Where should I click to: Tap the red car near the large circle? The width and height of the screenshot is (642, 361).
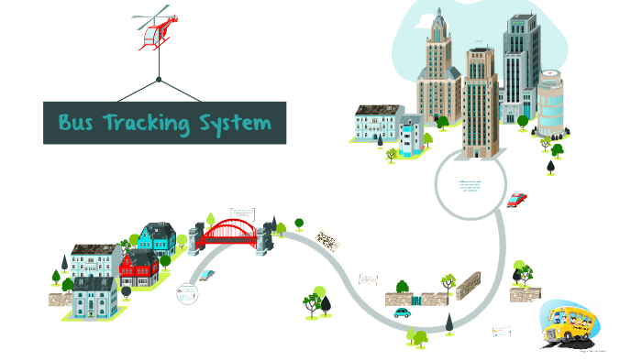518,199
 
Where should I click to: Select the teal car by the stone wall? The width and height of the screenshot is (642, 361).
402,312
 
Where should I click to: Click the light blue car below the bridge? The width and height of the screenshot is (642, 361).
207,273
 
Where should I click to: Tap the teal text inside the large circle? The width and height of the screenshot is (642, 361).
470,189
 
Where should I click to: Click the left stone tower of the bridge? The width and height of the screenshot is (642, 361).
194,239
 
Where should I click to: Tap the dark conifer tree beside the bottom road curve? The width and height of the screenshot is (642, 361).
448,323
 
